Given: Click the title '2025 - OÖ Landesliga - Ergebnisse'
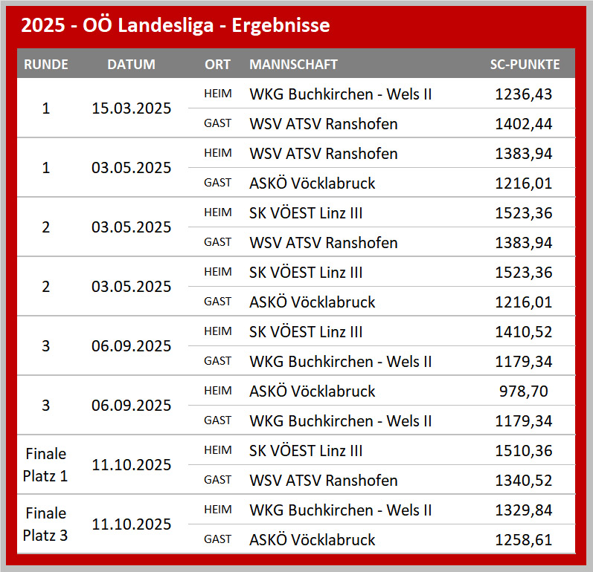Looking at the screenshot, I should pos(176,26).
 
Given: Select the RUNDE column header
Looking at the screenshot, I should pos(46,64).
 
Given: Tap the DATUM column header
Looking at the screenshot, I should pos(132,64).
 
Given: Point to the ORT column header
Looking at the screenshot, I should pos(218,64).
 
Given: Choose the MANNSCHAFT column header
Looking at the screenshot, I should pos(293,64).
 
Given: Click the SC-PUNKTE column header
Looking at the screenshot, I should pos(525,64).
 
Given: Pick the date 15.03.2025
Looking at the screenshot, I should pos(132,108).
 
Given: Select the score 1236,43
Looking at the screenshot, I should pos(524,94).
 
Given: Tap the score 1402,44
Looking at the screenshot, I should pos(524,124).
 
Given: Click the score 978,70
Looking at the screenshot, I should pos(524,391).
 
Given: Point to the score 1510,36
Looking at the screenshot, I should pos(524,451).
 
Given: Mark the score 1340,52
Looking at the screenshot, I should pos(524,481).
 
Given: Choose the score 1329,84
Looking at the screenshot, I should pos(524,510).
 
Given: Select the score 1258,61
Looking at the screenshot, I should pos(524,540).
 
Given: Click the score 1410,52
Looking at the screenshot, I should pos(524,332).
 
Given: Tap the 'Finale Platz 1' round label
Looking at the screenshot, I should pos(46,465).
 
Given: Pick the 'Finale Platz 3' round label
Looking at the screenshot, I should pos(46,524).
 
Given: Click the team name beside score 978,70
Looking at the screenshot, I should pos(312,391).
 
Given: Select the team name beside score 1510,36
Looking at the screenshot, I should pos(307,451).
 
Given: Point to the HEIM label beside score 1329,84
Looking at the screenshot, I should pos(218,510).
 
